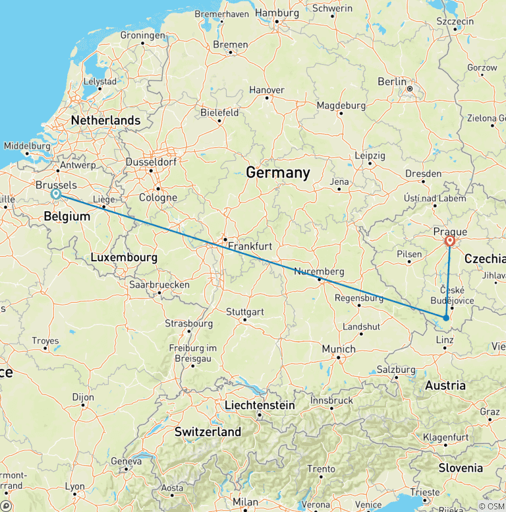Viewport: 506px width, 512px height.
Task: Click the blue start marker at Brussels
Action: (x=56, y=195)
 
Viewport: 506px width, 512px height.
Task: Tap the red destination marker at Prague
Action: (x=451, y=241)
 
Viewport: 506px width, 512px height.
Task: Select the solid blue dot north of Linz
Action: (x=446, y=318)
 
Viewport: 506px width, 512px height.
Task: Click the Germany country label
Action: (x=277, y=173)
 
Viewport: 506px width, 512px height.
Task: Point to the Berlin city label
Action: (x=392, y=81)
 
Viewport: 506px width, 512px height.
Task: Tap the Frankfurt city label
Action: (x=250, y=246)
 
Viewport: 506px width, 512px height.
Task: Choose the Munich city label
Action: (x=339, y=349)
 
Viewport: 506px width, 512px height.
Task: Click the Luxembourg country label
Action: (x=124, y=257)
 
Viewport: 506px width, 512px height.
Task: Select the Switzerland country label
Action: (x=208, y=432)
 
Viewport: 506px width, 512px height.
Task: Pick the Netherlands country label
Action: (x=105, y=121)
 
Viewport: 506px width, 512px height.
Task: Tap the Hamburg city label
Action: (x=277, y=13)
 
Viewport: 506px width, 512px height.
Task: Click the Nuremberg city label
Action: (x=319, y=271)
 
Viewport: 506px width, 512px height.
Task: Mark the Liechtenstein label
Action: (x=260, y=405)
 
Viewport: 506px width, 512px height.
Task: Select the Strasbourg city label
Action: (x=188, y=323)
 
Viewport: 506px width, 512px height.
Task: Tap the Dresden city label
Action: (x=424, y=174)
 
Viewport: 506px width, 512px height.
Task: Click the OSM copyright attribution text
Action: (x=491, y=506)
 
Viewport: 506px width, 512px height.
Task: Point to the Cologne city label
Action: (x=158, y=197)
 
